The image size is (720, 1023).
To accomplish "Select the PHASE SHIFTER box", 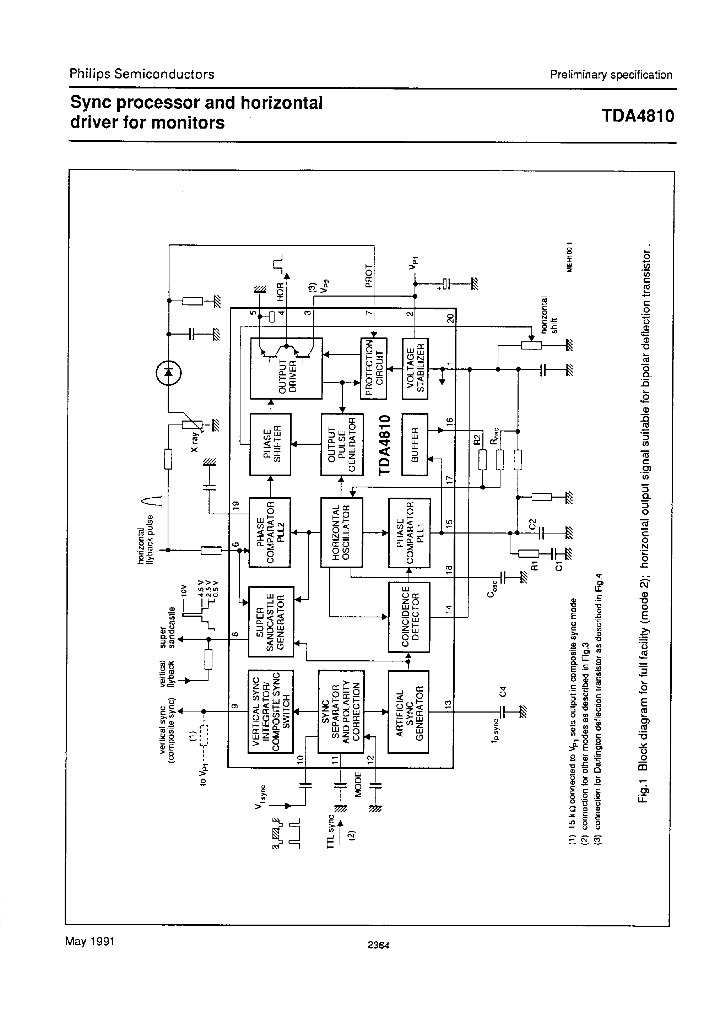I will coord(270,444).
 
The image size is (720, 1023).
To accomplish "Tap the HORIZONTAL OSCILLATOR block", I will coord(342,532).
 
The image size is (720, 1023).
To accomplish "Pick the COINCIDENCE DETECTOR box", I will coord(409,617).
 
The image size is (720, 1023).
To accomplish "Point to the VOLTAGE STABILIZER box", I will coord(415,368).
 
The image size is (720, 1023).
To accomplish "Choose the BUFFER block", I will coord(415,444).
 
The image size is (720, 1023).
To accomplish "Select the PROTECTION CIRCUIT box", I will coord(373,368).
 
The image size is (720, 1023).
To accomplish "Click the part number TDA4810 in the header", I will coord(638,116).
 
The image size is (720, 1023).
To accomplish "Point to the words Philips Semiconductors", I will coord(142,74).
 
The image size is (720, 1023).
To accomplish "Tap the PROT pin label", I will coord(368,276).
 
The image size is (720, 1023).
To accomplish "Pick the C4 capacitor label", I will coord(503,692).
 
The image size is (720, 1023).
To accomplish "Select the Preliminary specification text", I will coord(611,75).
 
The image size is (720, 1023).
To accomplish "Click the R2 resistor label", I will coord(476,439).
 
